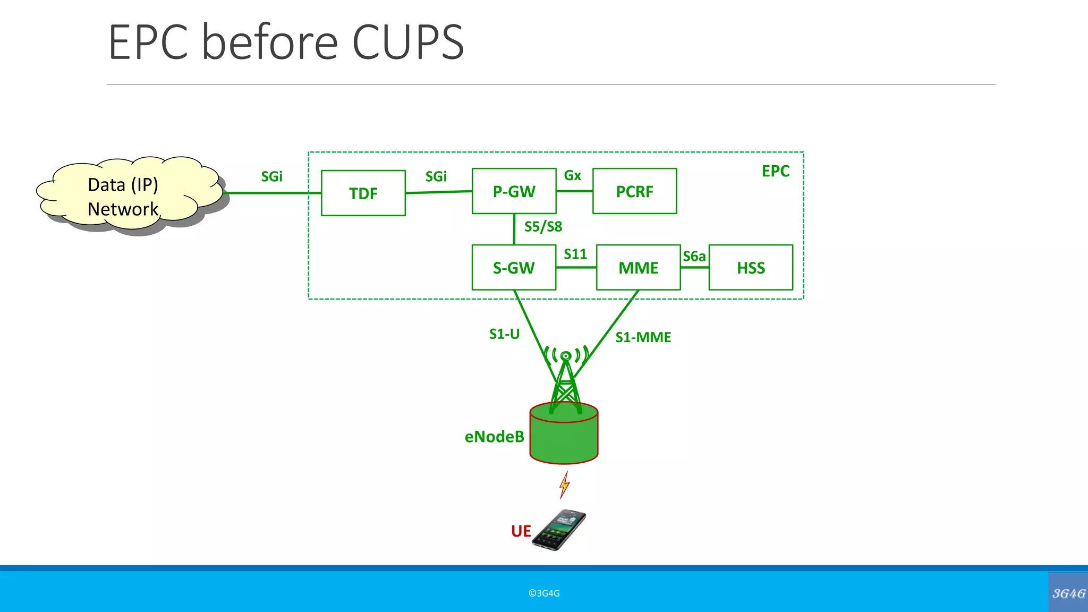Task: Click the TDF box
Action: [363, 193]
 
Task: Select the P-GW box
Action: [514, 191]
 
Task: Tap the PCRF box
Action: [634, 191]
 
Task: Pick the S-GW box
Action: [514, 268]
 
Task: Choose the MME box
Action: [638, 268]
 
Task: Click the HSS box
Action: [751, 268]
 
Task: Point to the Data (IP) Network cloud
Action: [127, 195]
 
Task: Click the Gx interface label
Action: [572, 175]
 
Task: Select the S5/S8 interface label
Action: [543, 227]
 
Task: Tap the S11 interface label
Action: [575, 254]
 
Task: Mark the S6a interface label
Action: [694, 257]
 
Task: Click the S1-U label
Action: [504, 334]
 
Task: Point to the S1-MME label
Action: [643, 337]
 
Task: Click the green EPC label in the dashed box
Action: [775, 171]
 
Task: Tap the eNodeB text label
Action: [494, 437]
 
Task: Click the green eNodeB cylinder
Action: [564, 436]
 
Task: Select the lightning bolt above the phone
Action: [564, 484]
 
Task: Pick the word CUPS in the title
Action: [408, 42]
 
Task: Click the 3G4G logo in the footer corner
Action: [1068, 593]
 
